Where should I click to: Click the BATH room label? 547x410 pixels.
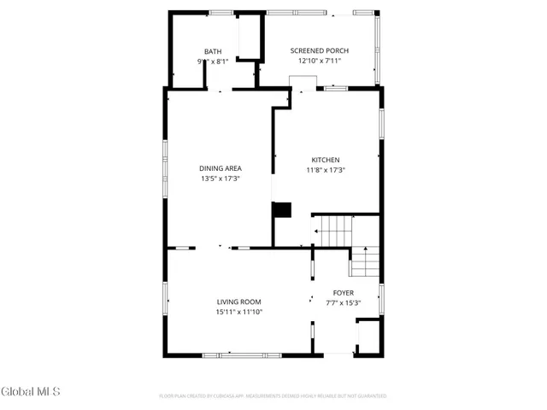tap(212, 52)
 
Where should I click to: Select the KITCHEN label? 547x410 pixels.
tap(325, 160)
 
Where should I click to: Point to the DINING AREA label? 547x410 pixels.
tap(221, 168)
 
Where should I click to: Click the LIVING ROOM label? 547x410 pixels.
tap(238, 302)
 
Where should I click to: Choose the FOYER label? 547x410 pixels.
tap(343, 293)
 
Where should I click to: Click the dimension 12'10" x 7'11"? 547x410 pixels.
tap(319, 61)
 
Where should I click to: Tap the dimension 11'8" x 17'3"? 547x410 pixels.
tap(325, 169)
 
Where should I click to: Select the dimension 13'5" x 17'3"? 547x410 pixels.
tap(221, 179)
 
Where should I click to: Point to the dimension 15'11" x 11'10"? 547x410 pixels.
tap(238, 312)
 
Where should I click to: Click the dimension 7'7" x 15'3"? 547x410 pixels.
tap(343, 302)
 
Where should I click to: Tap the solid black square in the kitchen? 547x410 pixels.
tap(281, 209)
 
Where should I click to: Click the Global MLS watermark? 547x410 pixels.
tap(30, 392)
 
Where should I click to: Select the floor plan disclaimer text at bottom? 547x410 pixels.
tap(273, 396)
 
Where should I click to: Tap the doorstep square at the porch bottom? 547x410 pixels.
tap(302, 82)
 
